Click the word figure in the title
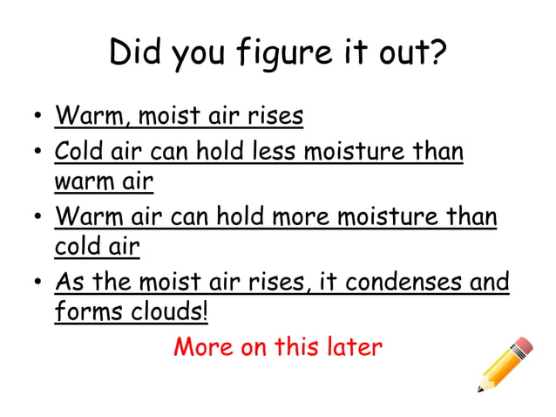click(265, 54)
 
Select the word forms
click(85, 311)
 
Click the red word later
click(354, 347)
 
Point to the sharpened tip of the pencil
click(479, 389)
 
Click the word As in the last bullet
click(69, 282)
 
